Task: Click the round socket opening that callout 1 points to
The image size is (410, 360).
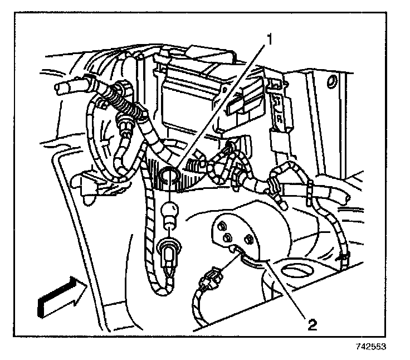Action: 168,179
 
